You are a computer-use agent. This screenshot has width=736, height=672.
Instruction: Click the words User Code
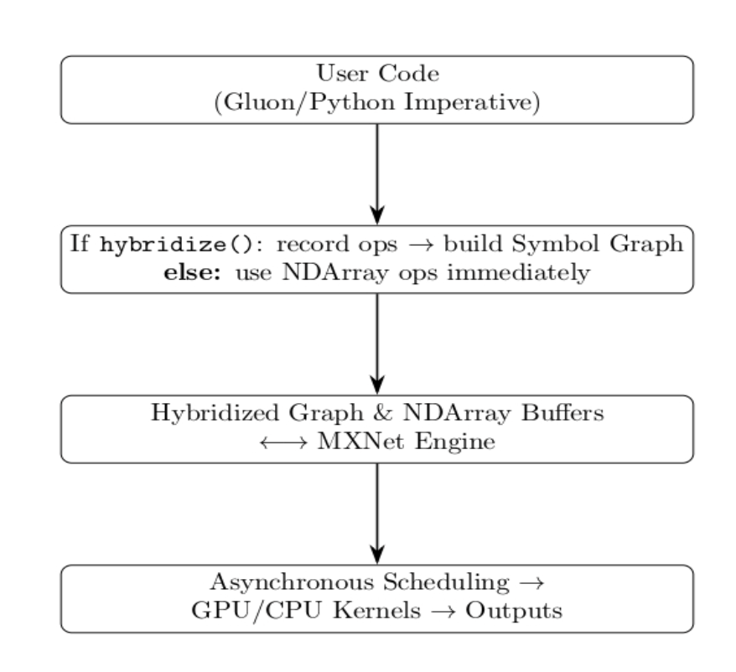(377, 75)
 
